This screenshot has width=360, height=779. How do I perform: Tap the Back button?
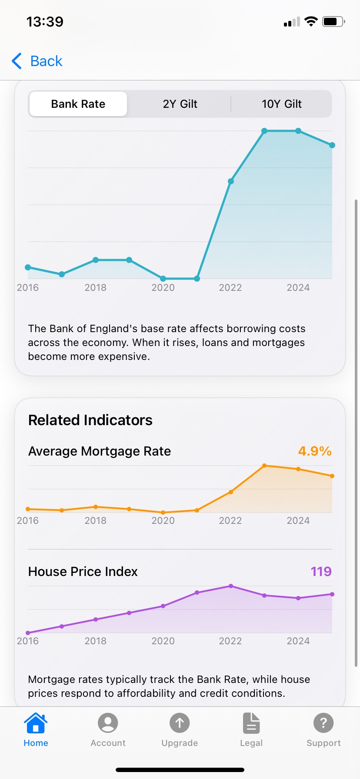[37, 61]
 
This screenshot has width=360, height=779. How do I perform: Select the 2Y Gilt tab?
[180, 104]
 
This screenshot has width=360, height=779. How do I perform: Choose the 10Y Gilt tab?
[281, 104]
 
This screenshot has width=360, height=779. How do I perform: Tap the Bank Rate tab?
[78, 104]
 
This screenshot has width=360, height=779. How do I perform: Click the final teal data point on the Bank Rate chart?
[332, 145]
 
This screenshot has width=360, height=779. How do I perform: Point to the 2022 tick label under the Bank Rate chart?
[230, 288]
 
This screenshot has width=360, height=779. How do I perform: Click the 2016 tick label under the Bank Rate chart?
[28, 288]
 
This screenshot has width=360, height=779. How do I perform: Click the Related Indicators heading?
[90, 420]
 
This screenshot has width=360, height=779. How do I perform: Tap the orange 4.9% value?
[315, 451]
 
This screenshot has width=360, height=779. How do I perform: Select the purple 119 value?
[321, 572]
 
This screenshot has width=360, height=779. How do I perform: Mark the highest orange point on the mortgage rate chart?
[264, 466]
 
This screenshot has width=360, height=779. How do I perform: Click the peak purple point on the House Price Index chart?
[231, 586]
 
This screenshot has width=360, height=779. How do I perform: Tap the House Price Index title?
[83, 572]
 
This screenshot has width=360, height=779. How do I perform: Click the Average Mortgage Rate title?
[100, 451]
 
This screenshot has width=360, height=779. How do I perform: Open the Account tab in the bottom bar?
[108, 723]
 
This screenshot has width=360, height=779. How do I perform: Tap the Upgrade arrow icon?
[180, 723]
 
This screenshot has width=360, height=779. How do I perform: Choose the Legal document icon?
[251, 723]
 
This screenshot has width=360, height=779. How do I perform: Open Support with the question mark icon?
[323, 723]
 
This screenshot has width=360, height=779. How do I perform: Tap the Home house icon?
[36, 723]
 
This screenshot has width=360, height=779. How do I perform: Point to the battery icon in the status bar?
[333, 22]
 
